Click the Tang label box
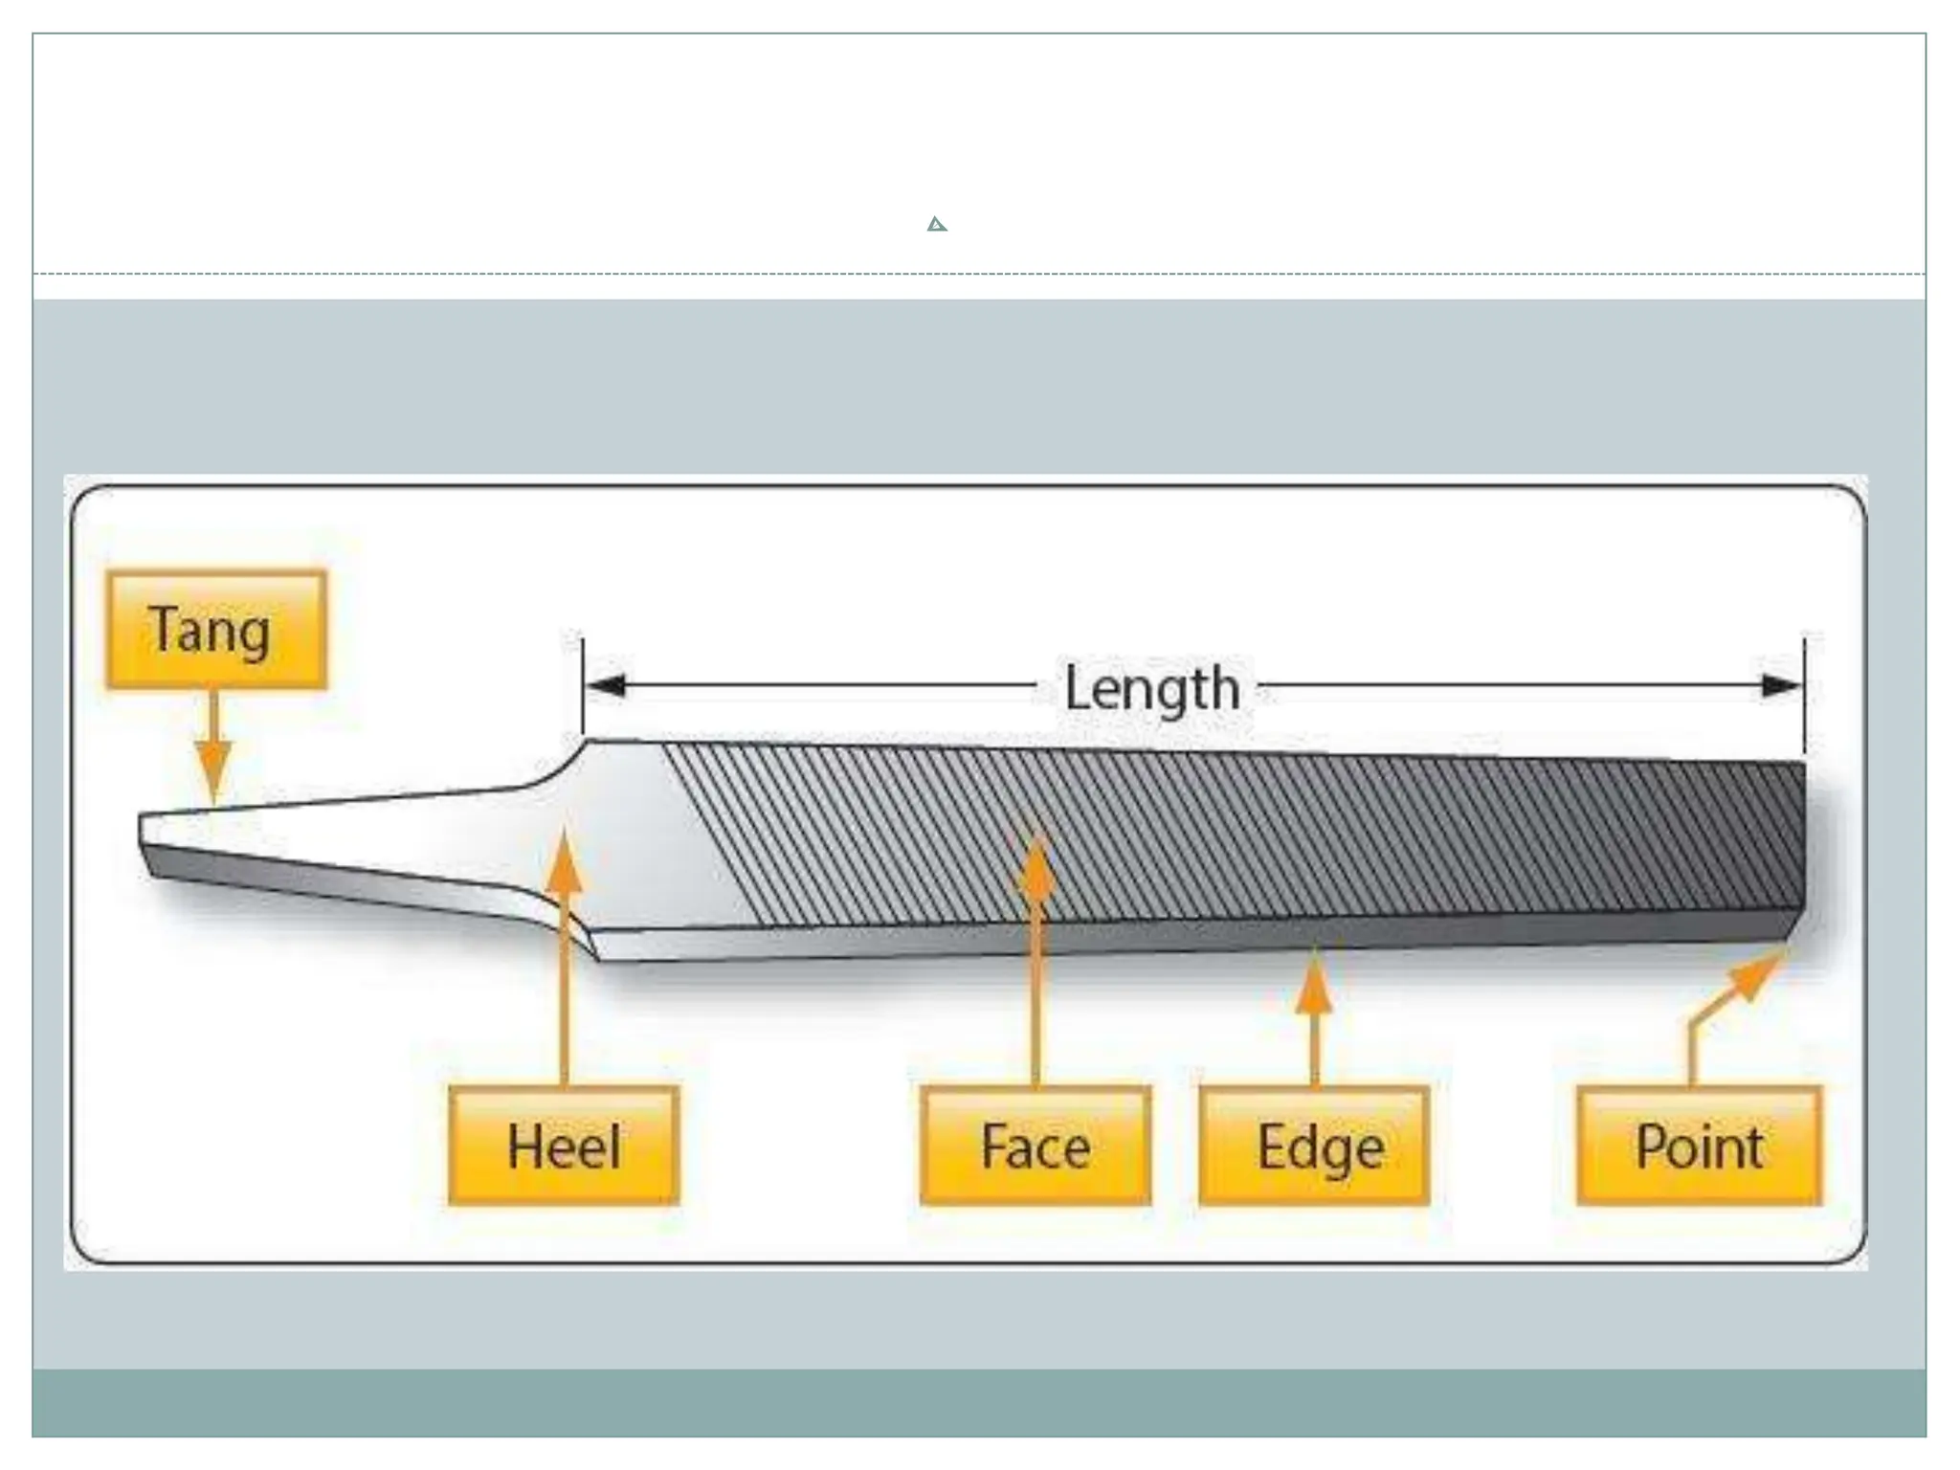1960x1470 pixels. click(216, 630)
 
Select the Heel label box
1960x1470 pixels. click(564, 1146)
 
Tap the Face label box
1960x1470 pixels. click(1036, 1146)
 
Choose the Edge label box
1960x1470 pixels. click(1314, 1146)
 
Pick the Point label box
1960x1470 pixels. click(1700, 1146)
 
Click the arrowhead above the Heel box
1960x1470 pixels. click(565, 861)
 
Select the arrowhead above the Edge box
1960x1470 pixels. click(1315, 981)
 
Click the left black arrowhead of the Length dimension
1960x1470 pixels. click(607, 685)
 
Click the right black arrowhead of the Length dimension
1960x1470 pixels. click(1781, 685)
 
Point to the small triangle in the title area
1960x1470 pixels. click(937, 225)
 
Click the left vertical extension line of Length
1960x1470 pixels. click(583, 684)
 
